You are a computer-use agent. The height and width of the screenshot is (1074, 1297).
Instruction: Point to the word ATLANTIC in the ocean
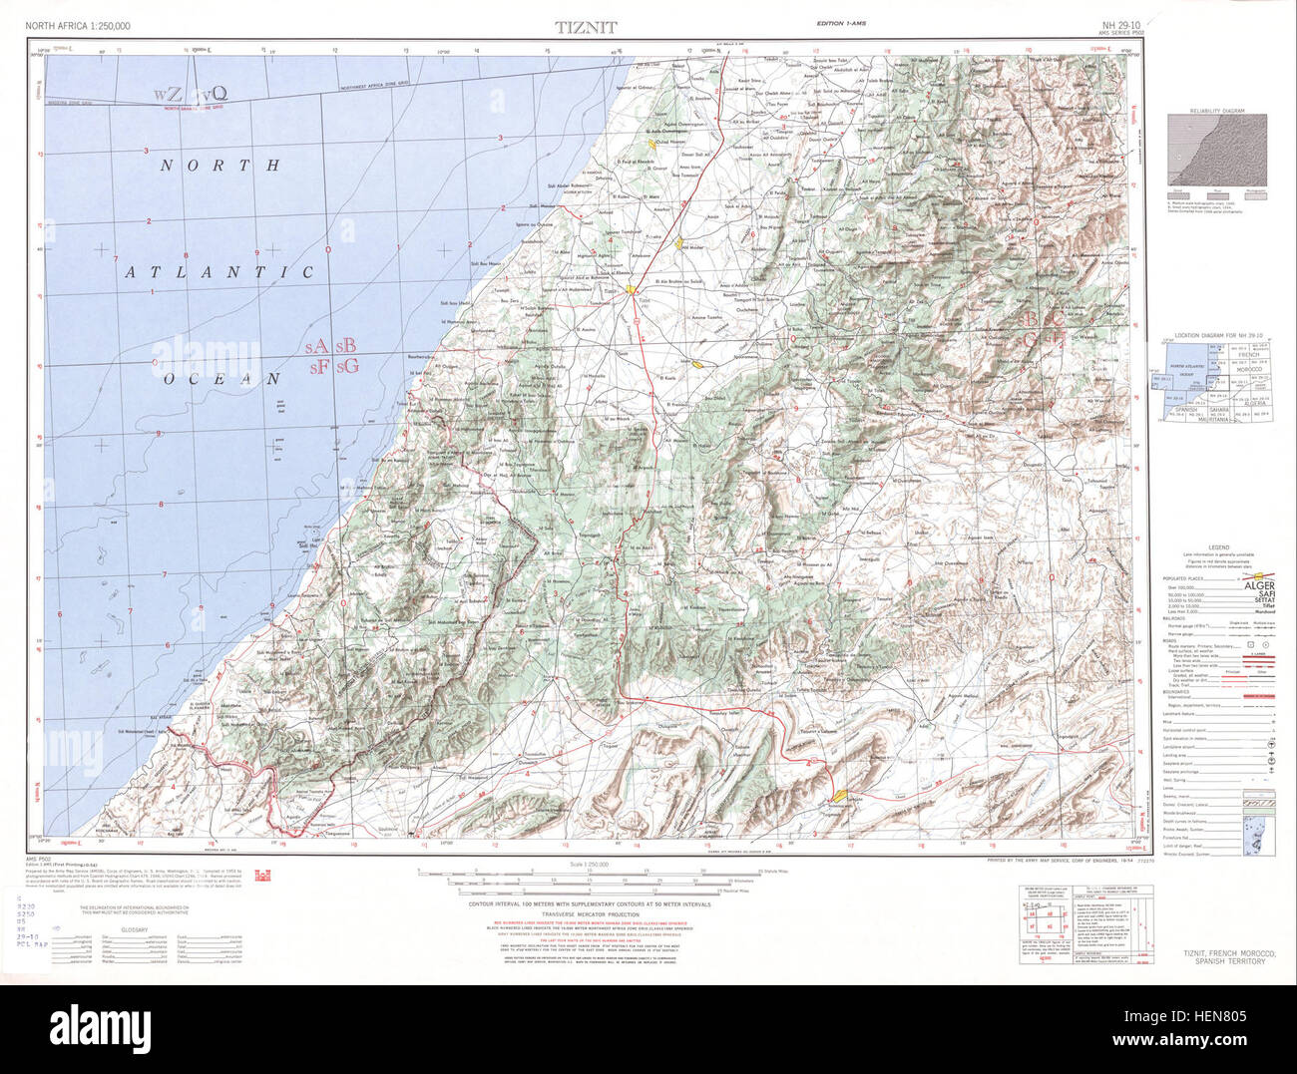coord(219,271)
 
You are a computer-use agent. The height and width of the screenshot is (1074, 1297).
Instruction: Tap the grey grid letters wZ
coord(168,94)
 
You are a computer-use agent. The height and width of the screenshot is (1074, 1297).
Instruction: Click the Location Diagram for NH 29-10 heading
coord(1217,336)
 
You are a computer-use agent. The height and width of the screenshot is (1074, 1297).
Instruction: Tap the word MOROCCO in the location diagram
coord(1248,368)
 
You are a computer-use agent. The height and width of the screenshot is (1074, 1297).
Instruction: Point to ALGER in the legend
coord(1258,587)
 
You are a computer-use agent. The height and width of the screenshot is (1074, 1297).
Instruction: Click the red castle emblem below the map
coord(291,876)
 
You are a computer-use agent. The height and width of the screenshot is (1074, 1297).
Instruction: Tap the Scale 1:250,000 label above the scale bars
coord(590,864)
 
